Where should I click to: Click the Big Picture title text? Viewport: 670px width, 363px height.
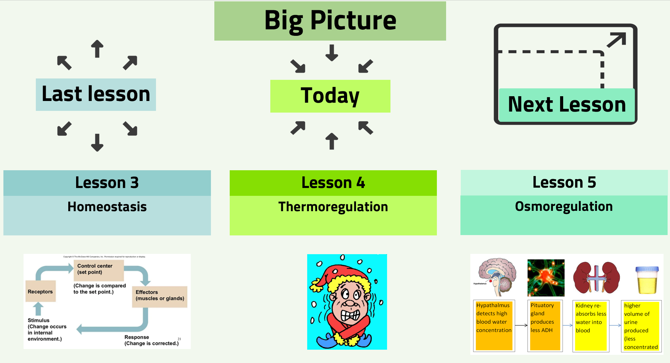(x=330, y=20)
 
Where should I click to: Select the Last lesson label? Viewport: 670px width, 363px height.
(x=96, y=94)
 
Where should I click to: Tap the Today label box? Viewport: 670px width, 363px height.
(x=330, y=96)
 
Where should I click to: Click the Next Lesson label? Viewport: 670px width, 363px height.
(x=567, y=104)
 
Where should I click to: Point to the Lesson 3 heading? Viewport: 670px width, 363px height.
(x=107, y=183)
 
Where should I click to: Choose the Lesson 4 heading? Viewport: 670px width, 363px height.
(x=333, y=183)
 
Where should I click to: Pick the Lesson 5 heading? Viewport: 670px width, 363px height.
(x=564, y=182)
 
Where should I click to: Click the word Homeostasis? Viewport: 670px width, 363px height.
(x=107, y=207)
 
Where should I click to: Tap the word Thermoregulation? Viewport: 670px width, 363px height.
(x=333, y=207)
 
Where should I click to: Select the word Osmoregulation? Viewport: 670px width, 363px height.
(x=564, y=206)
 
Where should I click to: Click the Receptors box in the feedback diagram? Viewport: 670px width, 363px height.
(x=41, y=291)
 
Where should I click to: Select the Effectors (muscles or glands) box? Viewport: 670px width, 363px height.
(x=160, y=296)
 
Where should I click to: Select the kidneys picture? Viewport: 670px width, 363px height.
(x=596, y=278)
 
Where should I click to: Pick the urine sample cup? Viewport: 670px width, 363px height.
(x=647, y=280)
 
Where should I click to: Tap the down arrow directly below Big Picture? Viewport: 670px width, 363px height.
(x=331, y=53)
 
